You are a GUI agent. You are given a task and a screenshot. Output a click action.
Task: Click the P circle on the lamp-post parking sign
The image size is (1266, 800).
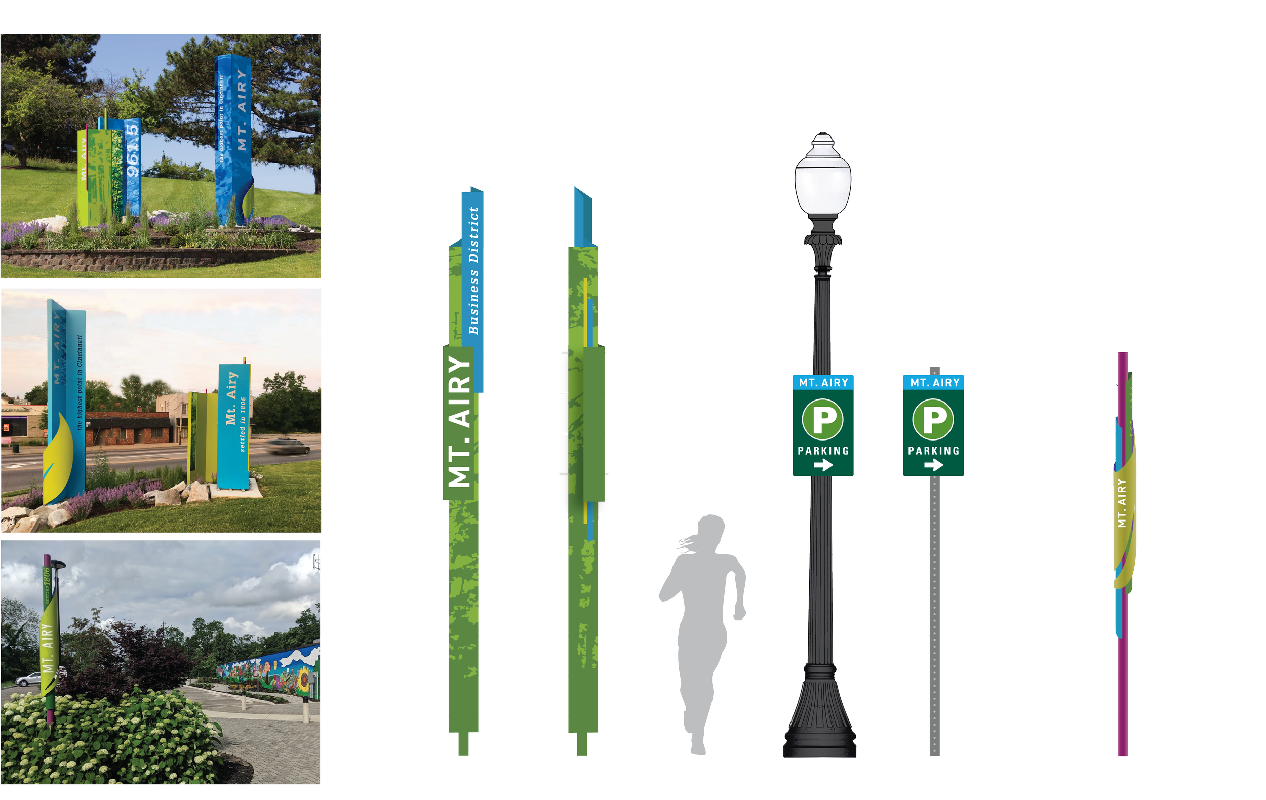point(823,419)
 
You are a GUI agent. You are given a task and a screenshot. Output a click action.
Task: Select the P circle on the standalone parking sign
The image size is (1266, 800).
point(933,419)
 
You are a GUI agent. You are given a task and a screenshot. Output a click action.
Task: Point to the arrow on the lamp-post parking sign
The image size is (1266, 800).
point(823,465)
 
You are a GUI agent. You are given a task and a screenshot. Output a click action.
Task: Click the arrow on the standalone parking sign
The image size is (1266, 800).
point(934,465)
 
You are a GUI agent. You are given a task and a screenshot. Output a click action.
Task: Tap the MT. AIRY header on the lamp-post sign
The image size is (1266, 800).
point(823,383)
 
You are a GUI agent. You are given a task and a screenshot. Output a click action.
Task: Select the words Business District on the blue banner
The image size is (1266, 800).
point(473,271)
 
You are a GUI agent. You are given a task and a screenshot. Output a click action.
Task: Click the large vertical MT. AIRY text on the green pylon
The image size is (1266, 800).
point(459,420)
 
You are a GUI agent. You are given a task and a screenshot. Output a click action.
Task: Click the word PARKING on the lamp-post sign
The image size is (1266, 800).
point(823,451)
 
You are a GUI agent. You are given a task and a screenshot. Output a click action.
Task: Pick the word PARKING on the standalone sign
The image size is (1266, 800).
point(934,451)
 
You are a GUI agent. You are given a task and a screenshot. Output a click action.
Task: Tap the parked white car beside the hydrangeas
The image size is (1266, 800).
point(27,679)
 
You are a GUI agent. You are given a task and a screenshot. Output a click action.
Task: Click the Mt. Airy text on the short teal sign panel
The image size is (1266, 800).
point(232,398)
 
